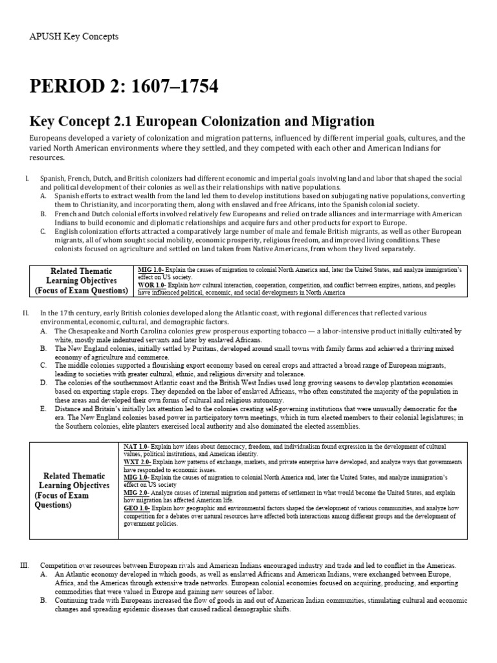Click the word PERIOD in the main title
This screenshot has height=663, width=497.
(65, 85)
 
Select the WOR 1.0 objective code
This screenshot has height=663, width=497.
(152, 284)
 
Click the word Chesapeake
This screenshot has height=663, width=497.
(87, 331)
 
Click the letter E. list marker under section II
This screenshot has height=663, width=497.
(43, 409)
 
